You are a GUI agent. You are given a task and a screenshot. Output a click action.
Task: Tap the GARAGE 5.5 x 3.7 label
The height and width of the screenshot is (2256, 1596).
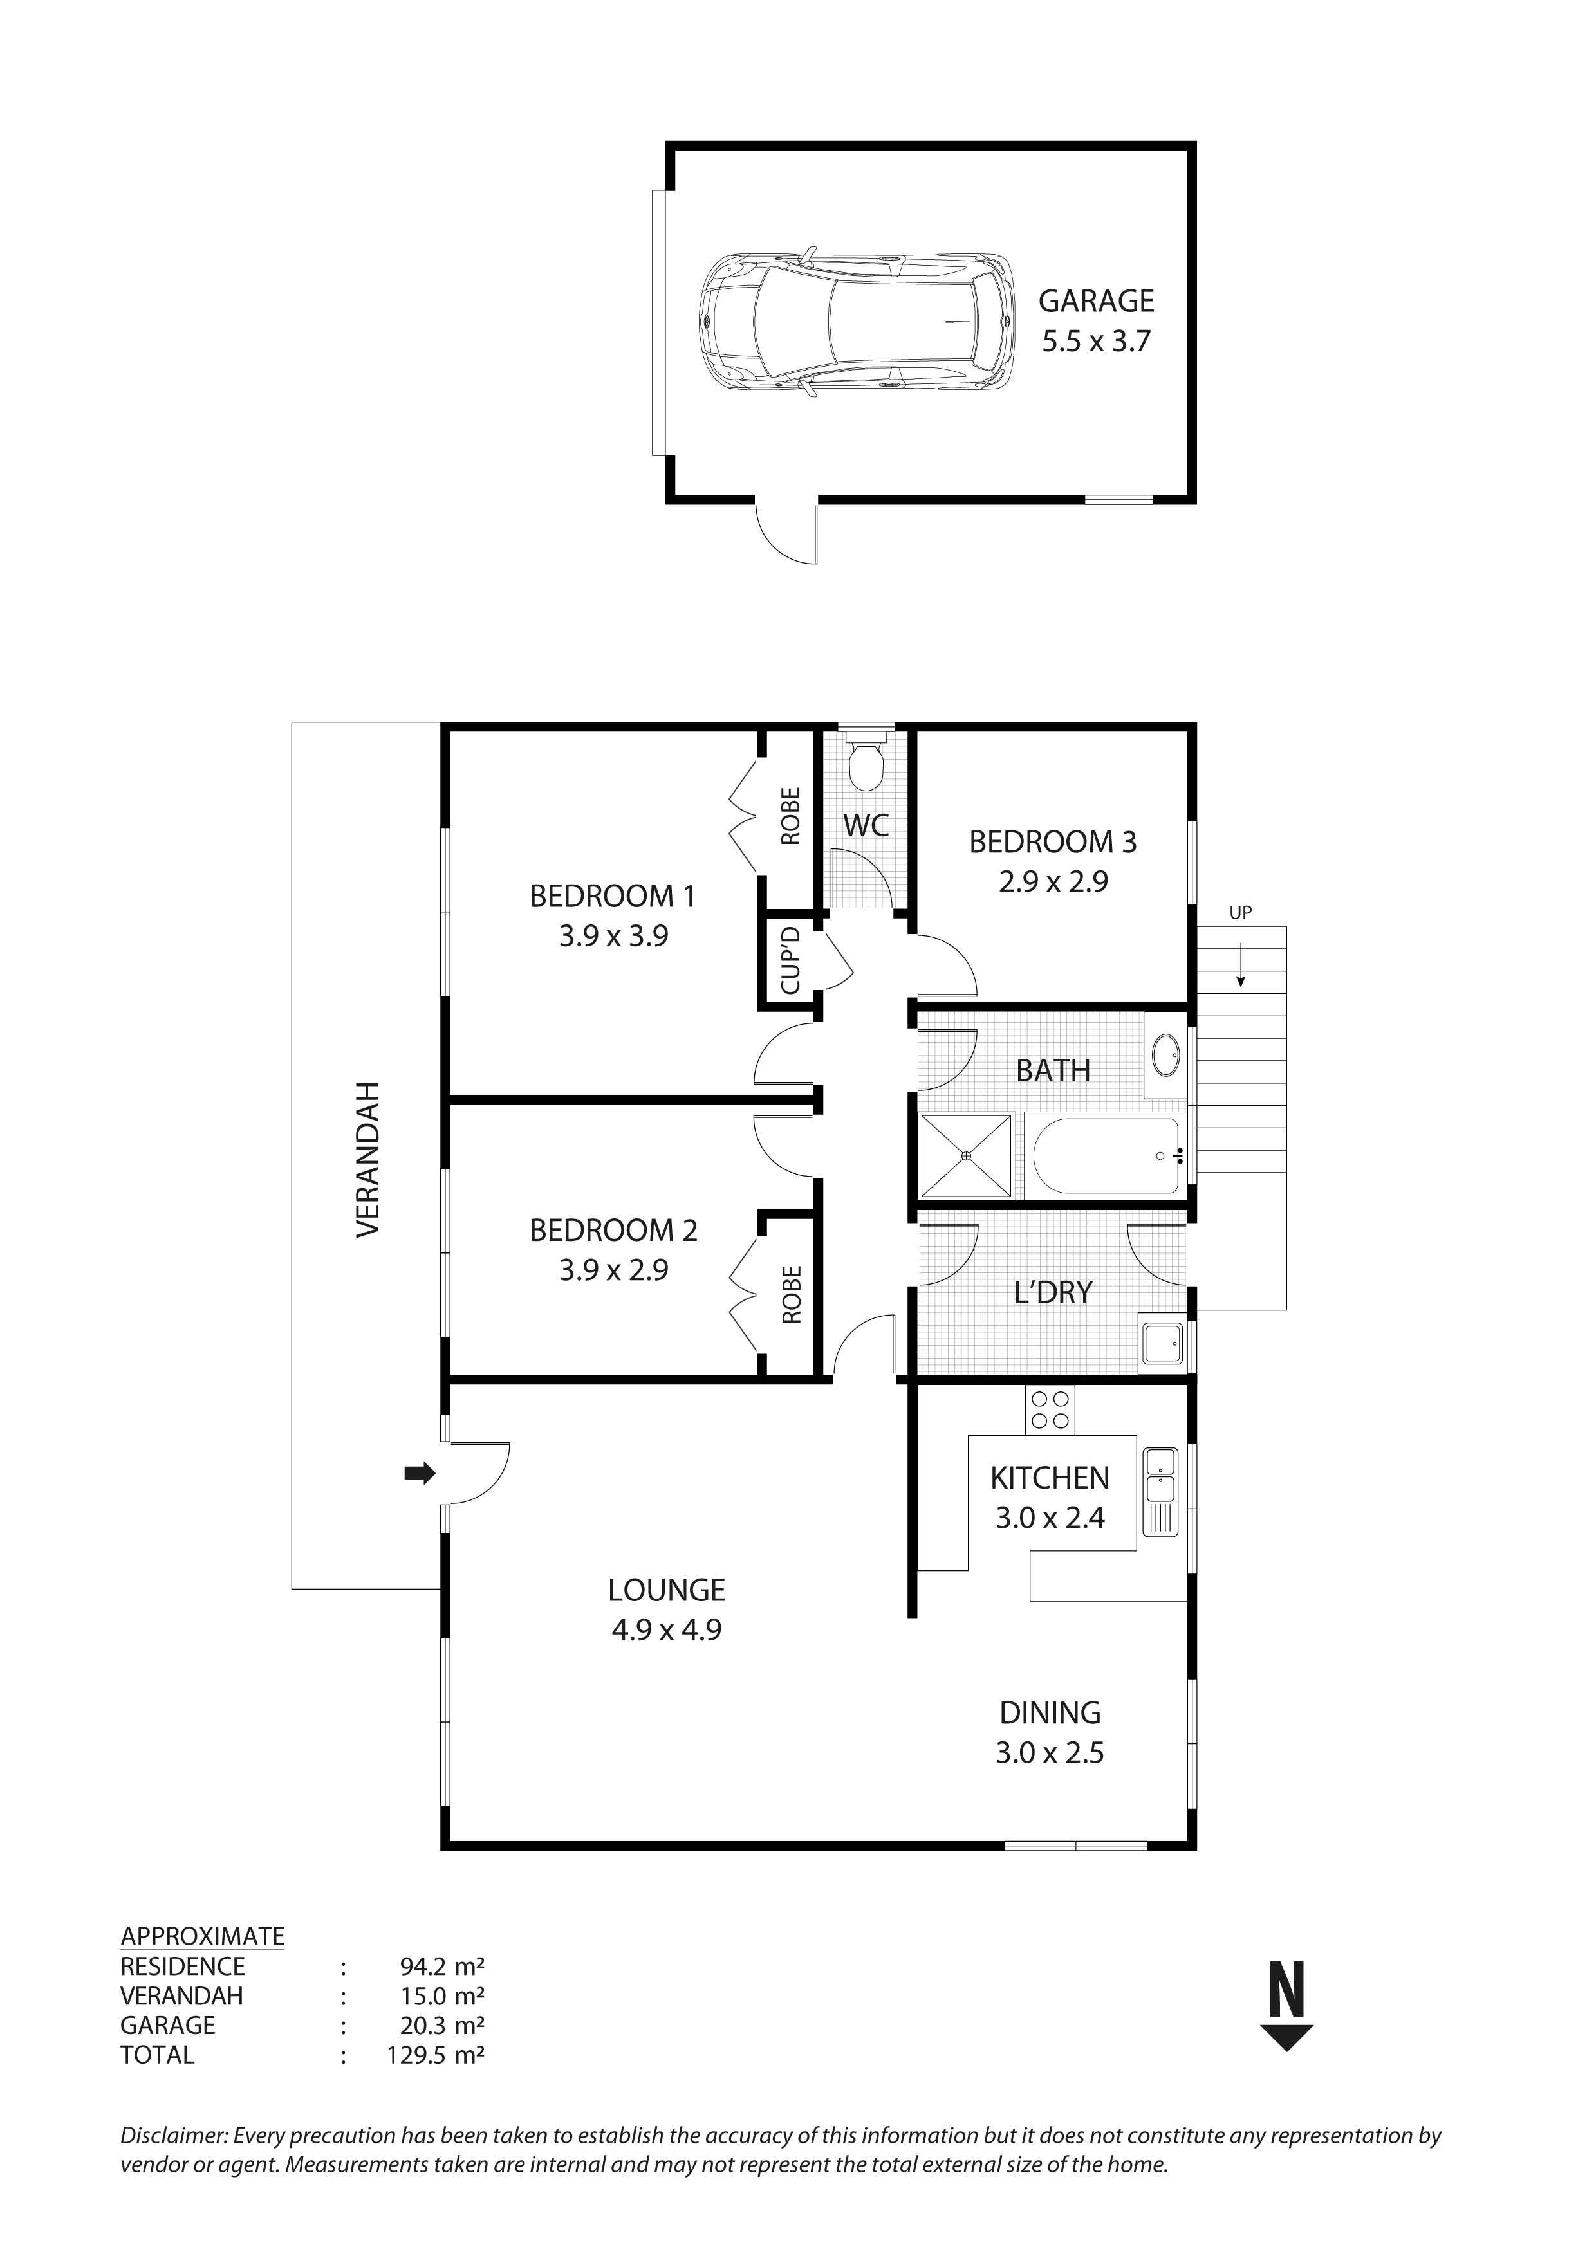click(1096, 320)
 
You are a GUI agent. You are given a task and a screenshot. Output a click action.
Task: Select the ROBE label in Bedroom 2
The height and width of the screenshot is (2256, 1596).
click(791, 1294)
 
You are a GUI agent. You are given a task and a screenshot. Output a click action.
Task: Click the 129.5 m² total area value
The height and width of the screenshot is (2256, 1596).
click(436, 2055)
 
